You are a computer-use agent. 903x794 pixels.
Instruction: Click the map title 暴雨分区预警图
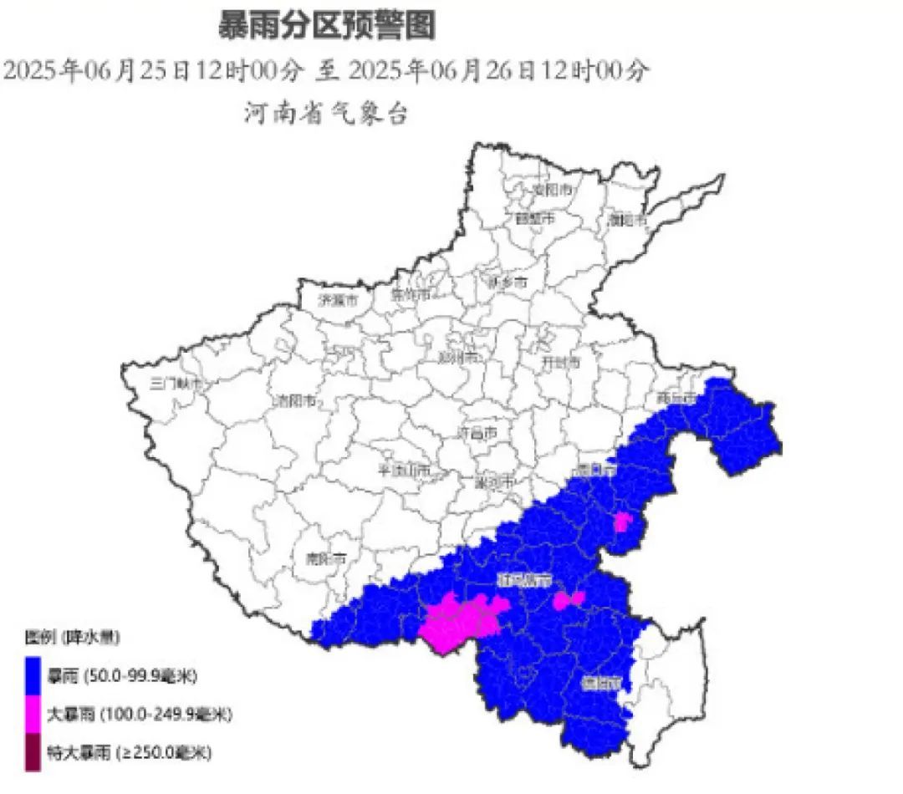click(327, 26)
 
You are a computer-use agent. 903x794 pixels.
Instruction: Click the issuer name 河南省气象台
click(326, 113)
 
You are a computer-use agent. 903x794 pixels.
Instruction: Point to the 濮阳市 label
click(628, 221)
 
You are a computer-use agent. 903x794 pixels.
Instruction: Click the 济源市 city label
click(339, 299)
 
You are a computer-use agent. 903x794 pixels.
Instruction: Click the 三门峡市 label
click(176, 384)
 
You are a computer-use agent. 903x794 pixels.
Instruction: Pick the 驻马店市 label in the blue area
click(524, 579)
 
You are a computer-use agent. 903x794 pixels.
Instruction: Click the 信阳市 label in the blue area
click(602, 683)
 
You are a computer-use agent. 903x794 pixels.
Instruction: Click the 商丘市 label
click(676, 398)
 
